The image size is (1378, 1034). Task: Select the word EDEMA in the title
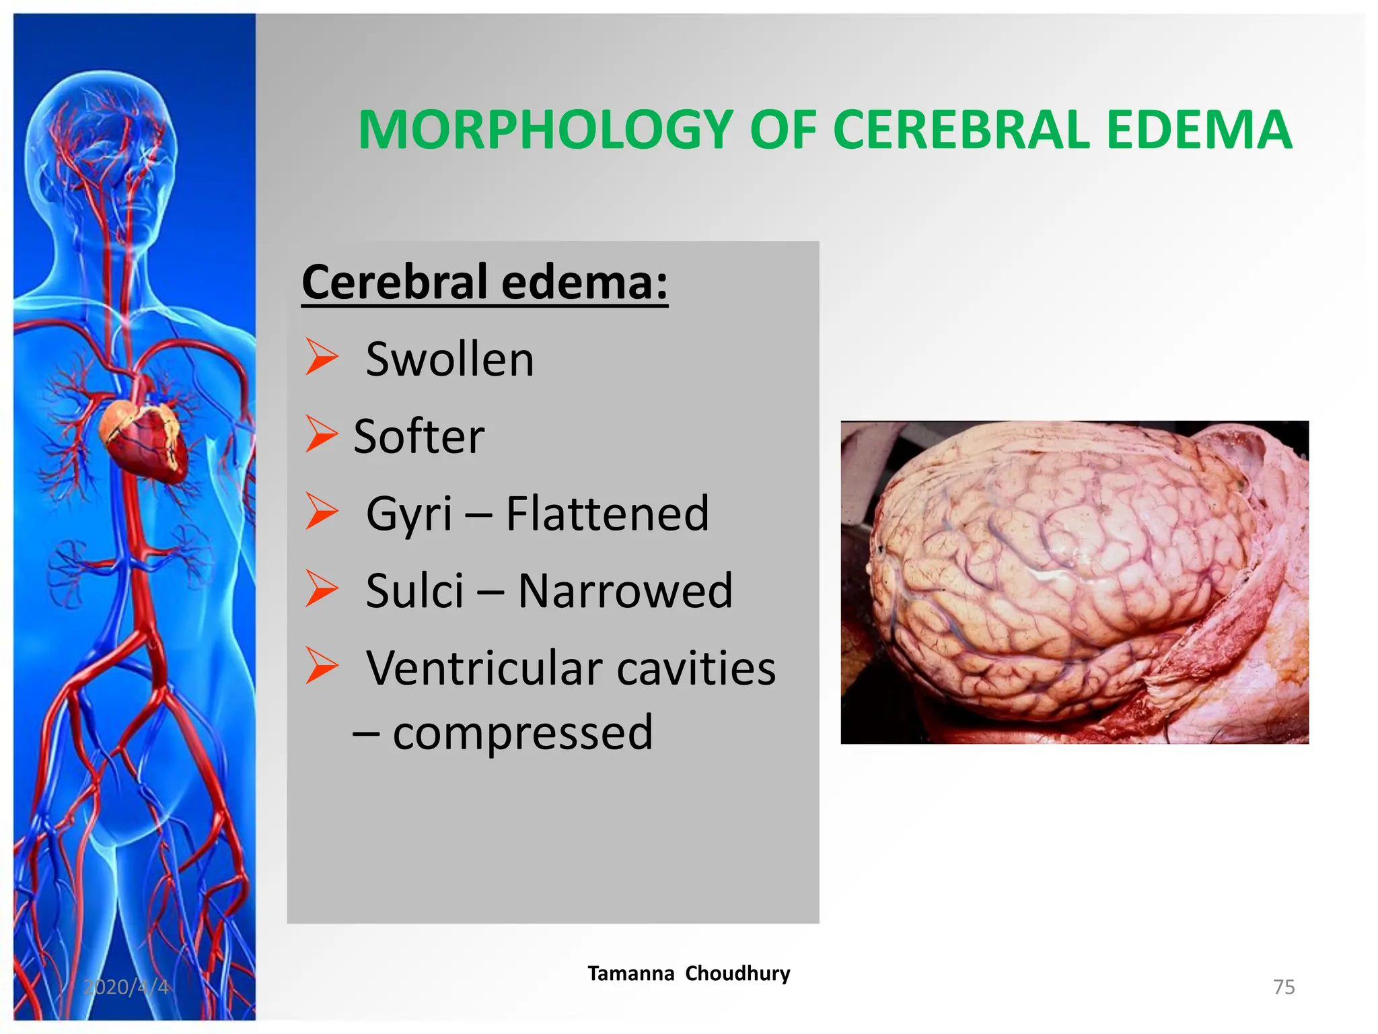[1198, 129]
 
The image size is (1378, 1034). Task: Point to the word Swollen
[449, 359]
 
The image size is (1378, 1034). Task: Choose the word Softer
[419, 437]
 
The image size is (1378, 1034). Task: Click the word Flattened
[607, 514]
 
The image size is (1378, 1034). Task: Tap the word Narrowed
[625, 591]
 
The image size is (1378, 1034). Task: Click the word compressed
[523, 732]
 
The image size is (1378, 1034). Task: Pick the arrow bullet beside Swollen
[321, 357]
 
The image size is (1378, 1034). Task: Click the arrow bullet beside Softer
[321, 434]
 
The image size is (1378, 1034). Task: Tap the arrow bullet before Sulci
[321, 588]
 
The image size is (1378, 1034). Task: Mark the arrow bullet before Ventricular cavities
[321, 666]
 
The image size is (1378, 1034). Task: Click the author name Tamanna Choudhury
[688, 973]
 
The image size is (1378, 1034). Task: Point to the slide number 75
[1284, 987]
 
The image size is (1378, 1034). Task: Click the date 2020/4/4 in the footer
[126, 987]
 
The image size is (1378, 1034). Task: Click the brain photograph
[1074, 582]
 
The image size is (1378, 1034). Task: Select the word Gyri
[408, 514]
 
